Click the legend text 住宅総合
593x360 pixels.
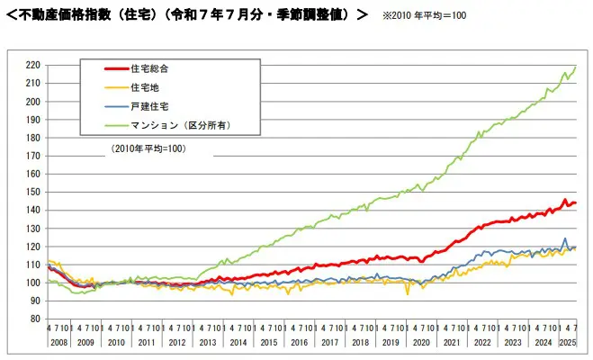click(149, 68)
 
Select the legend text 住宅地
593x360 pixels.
click(144, 87)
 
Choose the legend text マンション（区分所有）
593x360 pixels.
click(180, 125)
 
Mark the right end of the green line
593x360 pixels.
click(576, 67)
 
